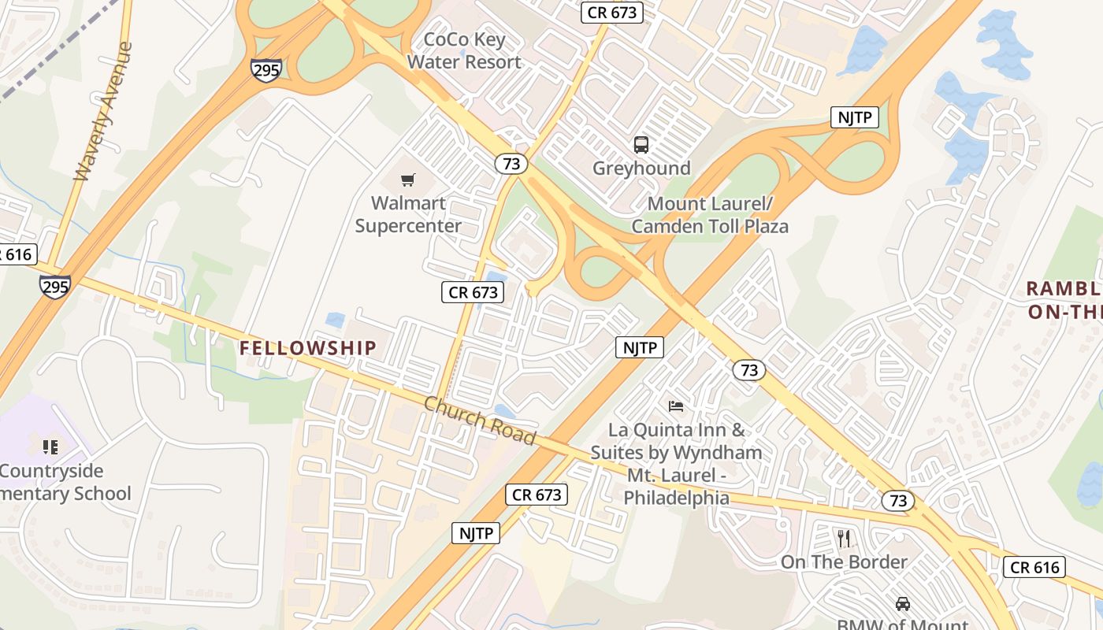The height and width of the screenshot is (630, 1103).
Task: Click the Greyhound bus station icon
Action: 641,145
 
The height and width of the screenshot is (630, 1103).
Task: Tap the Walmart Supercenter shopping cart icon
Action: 408,180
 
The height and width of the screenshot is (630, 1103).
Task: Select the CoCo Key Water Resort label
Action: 464,50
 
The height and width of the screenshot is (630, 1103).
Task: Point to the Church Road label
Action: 480,421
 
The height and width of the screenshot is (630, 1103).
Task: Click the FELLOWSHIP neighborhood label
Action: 308,347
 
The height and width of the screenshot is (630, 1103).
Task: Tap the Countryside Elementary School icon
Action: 50,447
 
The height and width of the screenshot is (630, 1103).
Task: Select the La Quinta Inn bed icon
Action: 676,406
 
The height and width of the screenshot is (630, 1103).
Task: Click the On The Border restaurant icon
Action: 844,539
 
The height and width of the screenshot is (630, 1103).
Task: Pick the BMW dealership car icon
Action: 903,603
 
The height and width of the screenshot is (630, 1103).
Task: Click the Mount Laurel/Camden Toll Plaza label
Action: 710,215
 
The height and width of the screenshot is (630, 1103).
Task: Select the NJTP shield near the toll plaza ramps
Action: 855,118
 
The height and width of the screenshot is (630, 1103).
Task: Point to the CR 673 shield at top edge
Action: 612,12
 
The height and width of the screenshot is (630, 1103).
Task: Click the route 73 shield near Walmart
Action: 511,163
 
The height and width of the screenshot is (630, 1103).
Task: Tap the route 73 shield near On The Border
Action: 897,500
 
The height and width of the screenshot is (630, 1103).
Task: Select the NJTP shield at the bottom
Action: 476,533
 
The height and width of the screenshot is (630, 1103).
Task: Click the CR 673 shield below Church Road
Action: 537,495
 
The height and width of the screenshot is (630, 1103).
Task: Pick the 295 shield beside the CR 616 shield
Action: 55,287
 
